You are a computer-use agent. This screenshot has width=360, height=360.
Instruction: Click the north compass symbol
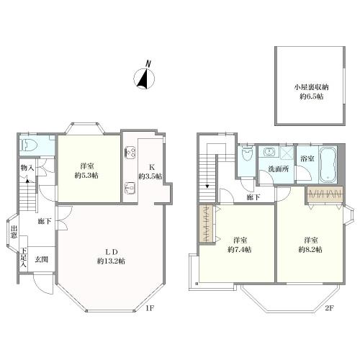pyautogui.click(x=144, y=76)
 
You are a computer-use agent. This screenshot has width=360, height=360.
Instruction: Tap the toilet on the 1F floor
pyautogui.click(x=29, y=145)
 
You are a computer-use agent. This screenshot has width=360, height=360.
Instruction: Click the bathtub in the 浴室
pyautogui.click(x=328, y=164)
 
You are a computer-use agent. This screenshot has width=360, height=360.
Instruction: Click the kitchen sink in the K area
pyautogui.click(x=130, y=188)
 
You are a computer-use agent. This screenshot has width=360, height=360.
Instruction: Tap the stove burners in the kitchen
pyautogui.click(x=130, y=153)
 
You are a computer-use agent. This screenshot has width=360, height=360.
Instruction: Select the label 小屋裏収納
pyautogui.click(x=311, y=87)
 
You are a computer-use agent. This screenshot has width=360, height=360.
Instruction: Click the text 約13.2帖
pyautogui.click(x=111, y=261)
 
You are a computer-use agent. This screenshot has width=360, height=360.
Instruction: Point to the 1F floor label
pyautogui.click(x=149, y=308)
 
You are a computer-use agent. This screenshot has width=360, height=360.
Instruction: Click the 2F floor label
pyautogui.click(x=330, y=308)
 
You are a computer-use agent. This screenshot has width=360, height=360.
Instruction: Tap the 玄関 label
pyautogui.click(x=42, y=259)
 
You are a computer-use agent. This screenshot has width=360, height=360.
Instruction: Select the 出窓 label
pyautogui.click(x=14, y=232)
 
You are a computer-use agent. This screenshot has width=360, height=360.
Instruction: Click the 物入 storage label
pyautogui.click(x=27, y=168)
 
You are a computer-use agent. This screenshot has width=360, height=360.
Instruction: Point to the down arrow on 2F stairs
pyautogui.click(x=207, y=186)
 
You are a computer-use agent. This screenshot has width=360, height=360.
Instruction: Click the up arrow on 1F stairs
pyautogui.click(x=27, y=181)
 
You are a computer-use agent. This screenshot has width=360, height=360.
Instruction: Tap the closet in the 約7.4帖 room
pyautogui.click(x=206, y=224)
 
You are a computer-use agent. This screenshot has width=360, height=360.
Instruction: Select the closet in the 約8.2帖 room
pyautogui.click(x=325, y=194)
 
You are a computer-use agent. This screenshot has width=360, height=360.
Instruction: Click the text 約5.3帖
pyautogui.click(x=86, y=176)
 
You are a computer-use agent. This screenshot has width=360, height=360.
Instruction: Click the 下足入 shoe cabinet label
pyautogui.click(x=23, y=258)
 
